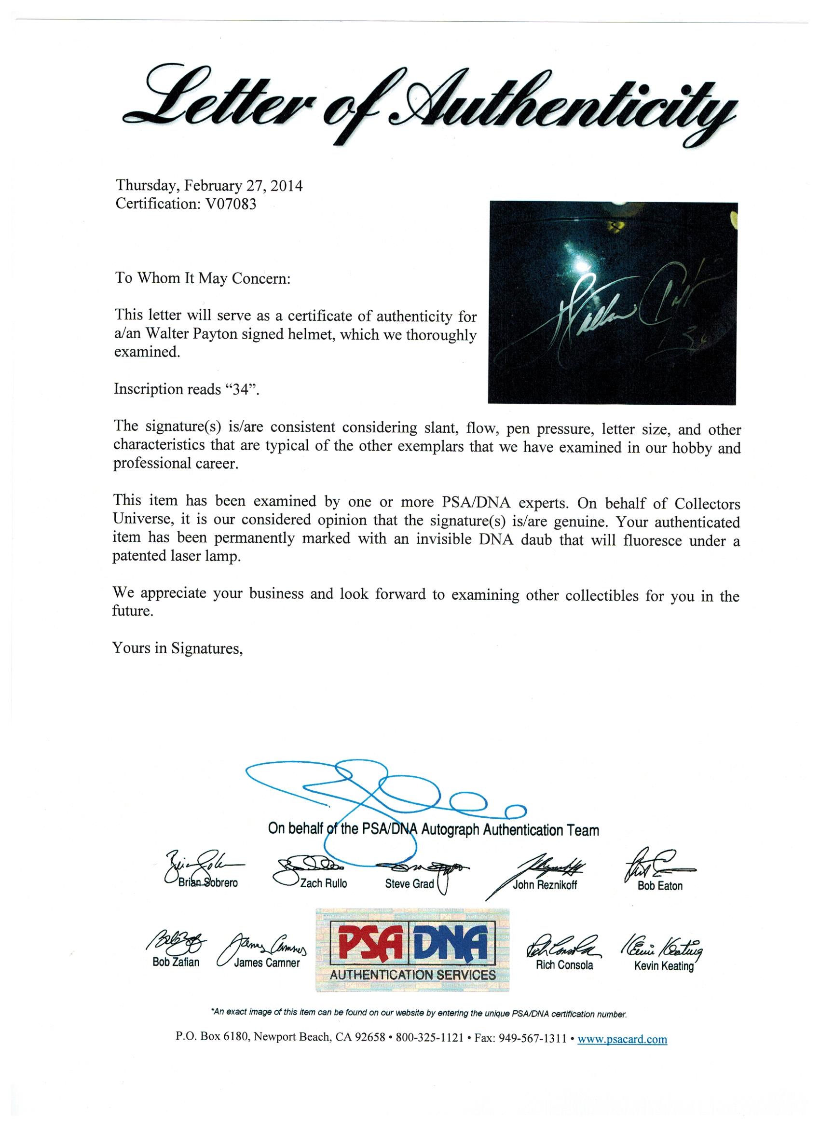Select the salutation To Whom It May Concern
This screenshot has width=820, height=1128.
pyautogui.click(x=203, y=278)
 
